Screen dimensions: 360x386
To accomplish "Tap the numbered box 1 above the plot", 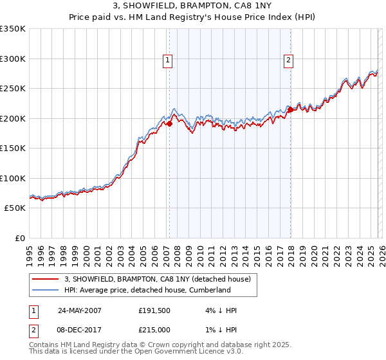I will [x=168, y=61].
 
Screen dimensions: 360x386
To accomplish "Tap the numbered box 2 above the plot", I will [x=288, y=61].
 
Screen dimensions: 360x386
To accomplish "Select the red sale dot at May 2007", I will [x=169, y=124].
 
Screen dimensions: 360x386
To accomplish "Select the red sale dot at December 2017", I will [x=290, y=110].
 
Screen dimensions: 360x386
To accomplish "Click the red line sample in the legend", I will [x=46, y=279].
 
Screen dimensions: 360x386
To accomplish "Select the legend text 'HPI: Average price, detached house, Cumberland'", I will [x=147, y=290].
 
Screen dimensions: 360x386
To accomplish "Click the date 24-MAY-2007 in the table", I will [x=79, y=310].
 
